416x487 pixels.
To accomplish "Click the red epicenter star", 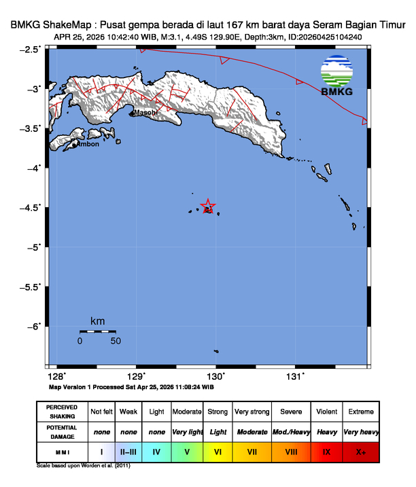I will pos(209,206).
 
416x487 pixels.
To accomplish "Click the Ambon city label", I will pos(87,144).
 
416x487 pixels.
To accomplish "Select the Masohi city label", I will pos(146,112).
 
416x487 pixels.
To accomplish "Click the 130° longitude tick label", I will pos(216,376).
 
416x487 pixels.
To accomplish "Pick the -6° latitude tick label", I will pos(34,327).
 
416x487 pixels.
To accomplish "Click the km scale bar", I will pos(97,331).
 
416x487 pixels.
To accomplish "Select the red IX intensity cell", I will pos(326,451).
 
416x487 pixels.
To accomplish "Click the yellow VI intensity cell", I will pos(218,451).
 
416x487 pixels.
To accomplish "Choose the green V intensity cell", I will pos(186,451).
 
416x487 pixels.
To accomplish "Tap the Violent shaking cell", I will pos(326,412).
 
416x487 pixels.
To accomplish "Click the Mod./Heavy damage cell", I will pos(291,432).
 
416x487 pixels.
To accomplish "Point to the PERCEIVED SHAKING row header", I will pos(61,412).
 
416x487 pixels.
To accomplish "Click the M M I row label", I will pos(61,451).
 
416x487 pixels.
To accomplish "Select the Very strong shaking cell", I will pos(252,412).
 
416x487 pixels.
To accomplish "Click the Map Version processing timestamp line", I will pos(131,386).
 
